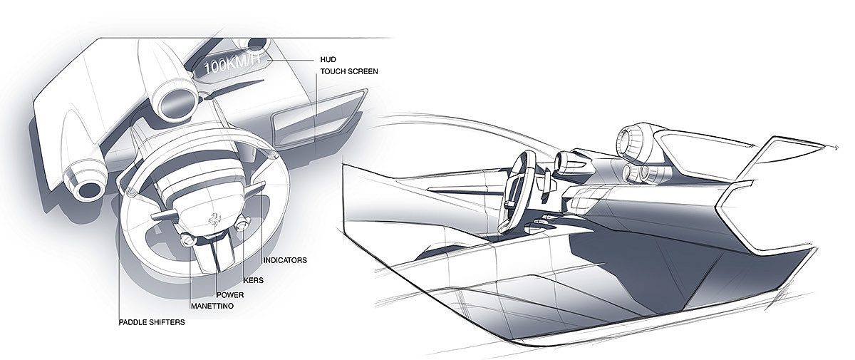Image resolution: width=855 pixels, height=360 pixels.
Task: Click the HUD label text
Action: [x=328, y=60]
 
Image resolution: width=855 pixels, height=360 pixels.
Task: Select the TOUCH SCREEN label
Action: [x=349, y=71]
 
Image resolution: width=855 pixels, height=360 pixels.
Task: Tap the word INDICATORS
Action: [x=285, y=260]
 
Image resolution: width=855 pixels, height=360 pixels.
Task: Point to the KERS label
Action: [x=254, y=280]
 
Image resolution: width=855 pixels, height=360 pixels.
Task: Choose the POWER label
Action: [x=230, y=295]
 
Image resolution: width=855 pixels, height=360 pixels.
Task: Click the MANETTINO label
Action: [x=212, y=306]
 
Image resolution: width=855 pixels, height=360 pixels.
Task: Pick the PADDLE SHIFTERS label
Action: [x=152, y=322]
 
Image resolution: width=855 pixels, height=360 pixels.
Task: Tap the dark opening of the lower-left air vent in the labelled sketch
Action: [x=88, y=190]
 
